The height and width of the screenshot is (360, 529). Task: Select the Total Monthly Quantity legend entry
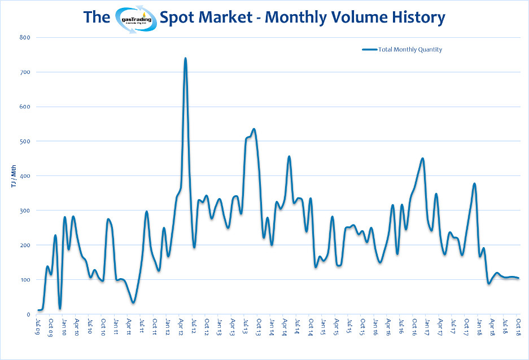[x=402, y=50]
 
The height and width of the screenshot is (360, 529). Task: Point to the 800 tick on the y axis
[x=25, y=38]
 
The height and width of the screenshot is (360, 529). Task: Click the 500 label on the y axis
[x=25, y=142]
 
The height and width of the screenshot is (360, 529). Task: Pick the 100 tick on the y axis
[x=25, y=280]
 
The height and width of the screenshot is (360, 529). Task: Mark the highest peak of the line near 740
[x=185, y=58]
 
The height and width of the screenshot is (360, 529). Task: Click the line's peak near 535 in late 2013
[x=254, y=129]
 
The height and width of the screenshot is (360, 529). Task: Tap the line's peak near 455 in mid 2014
[x=289, y=156]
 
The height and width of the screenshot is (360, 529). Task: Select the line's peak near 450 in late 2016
[x=422, y=159]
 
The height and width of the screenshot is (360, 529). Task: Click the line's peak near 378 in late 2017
[x=474, y=183]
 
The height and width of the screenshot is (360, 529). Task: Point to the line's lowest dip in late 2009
[x=59, y=308]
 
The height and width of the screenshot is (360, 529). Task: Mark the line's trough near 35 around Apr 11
[x=133, y=302]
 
